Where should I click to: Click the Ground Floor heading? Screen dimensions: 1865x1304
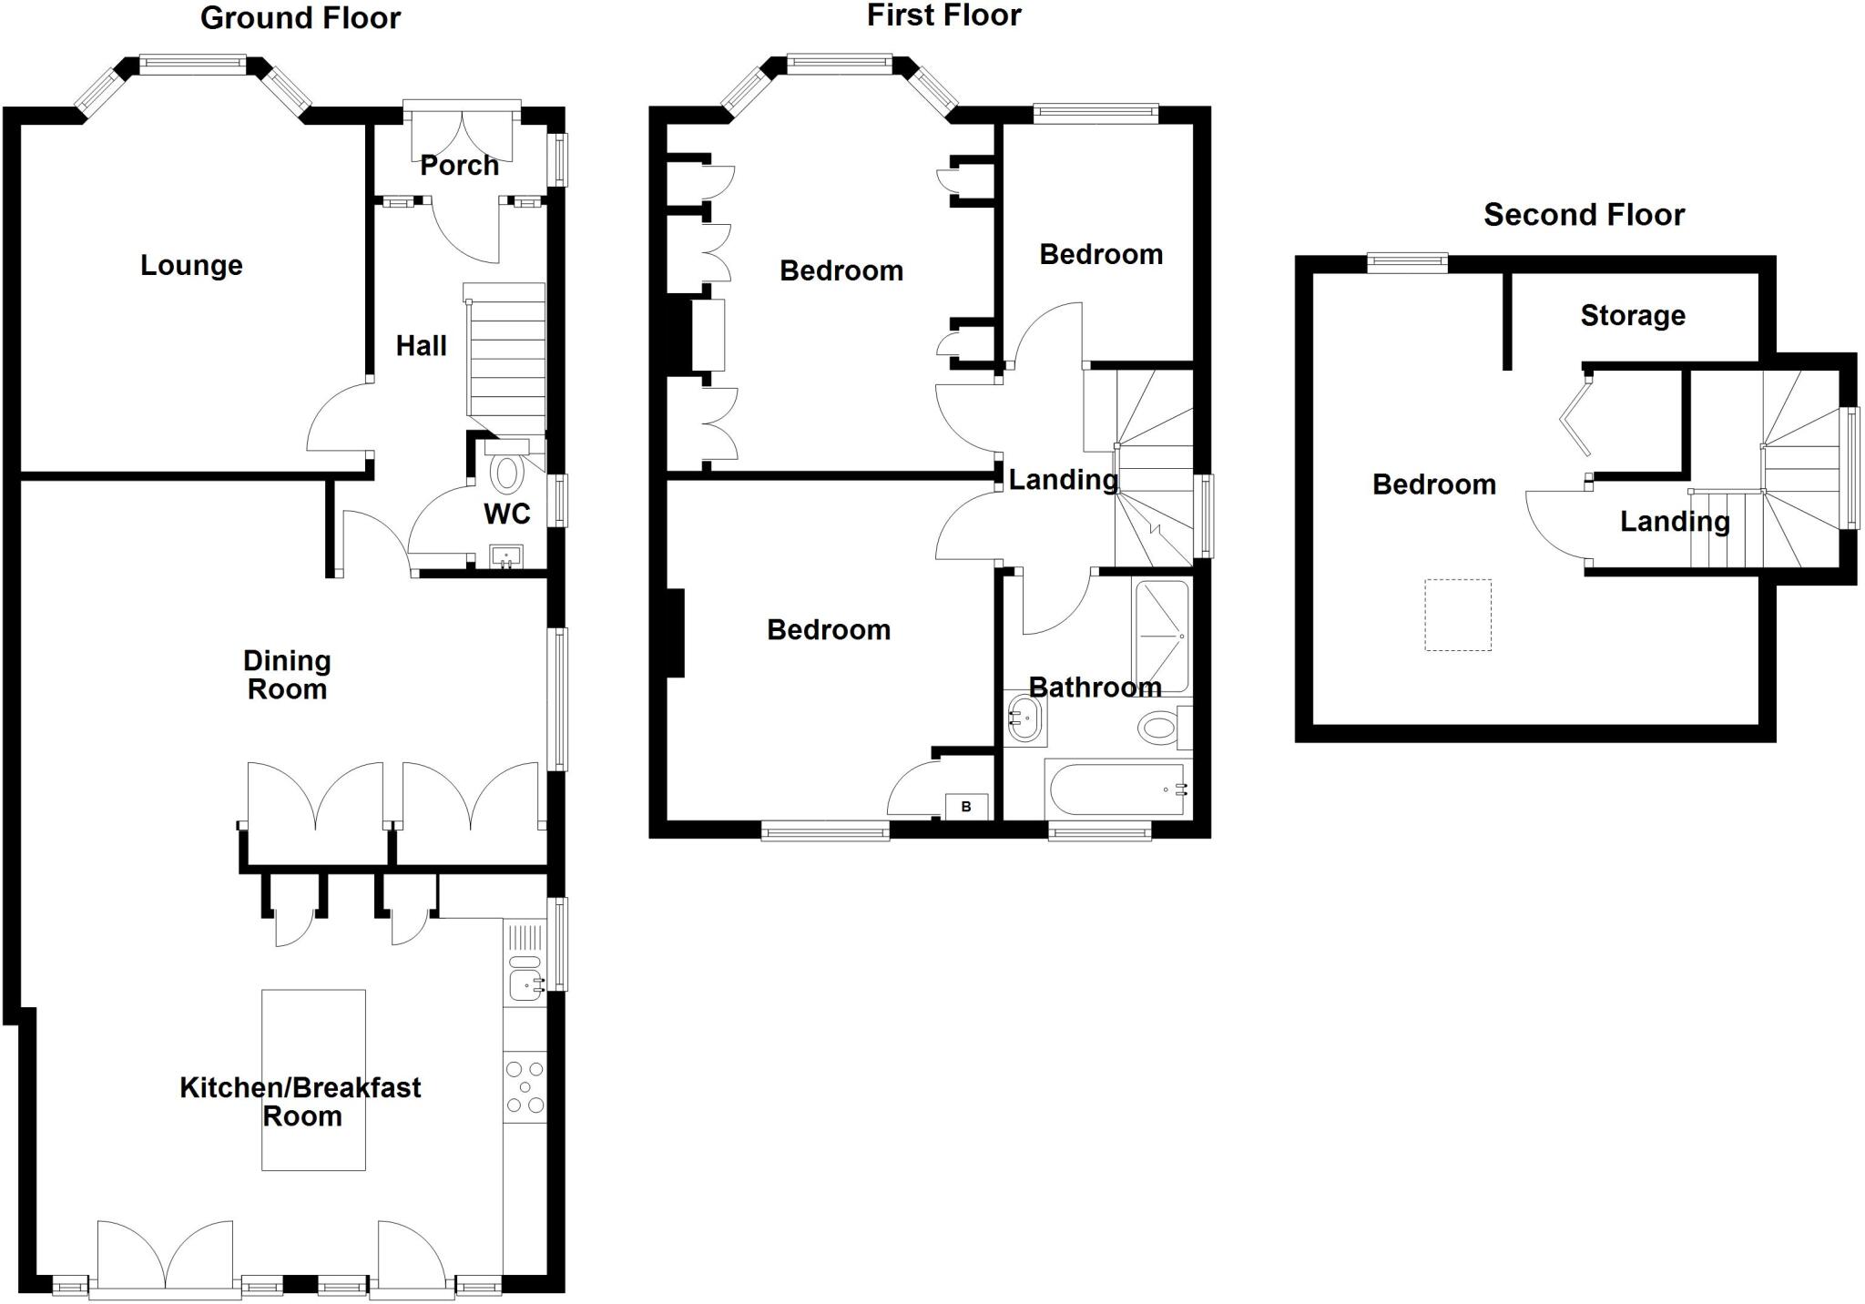point(301,18)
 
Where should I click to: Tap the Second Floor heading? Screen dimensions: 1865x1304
point(1584,215)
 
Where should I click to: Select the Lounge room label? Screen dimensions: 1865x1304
point(191,265)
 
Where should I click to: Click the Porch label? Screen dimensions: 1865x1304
point(459,166)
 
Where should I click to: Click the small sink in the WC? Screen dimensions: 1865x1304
point(506,555)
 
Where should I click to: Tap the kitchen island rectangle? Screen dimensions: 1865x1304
point(313,1079)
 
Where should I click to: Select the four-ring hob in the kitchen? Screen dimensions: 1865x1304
point(525,1087)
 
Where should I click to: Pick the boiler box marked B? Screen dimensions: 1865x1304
point(966,807)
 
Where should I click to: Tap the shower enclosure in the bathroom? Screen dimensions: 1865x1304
point(1162,636)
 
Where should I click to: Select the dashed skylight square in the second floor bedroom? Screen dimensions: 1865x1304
point(1458,615)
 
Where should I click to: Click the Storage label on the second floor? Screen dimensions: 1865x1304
point(1633,315)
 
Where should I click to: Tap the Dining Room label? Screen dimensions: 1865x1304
point(287,675)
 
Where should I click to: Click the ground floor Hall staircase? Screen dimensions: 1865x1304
point(506,360)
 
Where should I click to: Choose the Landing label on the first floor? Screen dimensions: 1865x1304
point(1063,479)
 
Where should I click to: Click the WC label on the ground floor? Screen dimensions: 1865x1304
point(506,514)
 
